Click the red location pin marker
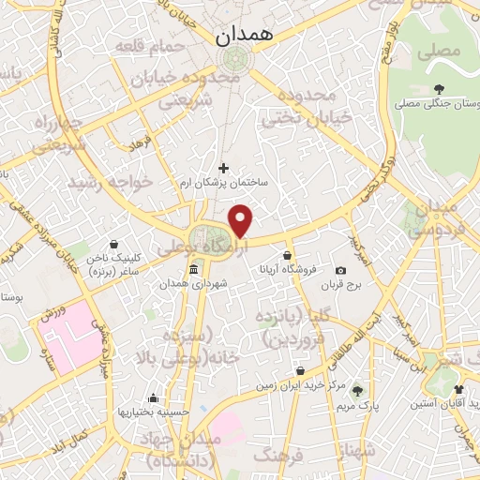click(242, 221)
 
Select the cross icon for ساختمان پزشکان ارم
click(223, 168)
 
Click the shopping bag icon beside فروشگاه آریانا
click(286, 254)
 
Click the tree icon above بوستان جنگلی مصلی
click(439, 89)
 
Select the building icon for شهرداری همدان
click(193, 271)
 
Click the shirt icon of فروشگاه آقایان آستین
click(458, 389)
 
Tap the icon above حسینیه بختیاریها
click(153, 397)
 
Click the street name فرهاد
click(140, 146)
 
